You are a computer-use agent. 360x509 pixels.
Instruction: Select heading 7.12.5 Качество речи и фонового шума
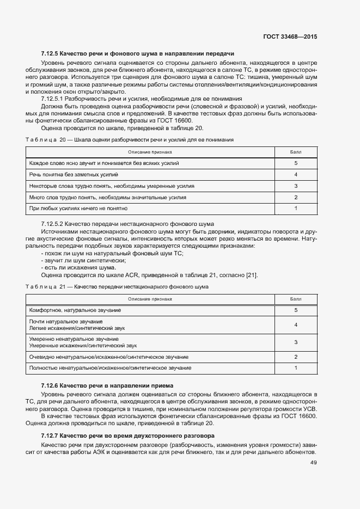coord(137,54)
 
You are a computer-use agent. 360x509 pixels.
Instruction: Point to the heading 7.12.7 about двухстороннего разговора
coord(128,436)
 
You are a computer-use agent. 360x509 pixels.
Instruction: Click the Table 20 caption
coord(130,140)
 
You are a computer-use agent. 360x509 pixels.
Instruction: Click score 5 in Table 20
coord(295,163)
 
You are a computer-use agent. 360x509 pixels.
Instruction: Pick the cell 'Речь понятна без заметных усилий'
coord(74,175)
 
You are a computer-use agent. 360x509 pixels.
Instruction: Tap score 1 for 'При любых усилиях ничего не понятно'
coord(295,208)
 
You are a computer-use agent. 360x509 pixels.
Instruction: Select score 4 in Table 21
coord(295,324)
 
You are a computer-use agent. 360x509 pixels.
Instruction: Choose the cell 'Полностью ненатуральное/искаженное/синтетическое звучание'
coord(110,369)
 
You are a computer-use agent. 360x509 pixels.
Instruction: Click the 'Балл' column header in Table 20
coord(295,152)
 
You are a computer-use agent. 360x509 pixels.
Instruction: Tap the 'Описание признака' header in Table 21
coord(150,299)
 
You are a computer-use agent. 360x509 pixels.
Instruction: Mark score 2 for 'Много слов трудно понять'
coord(295,197)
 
